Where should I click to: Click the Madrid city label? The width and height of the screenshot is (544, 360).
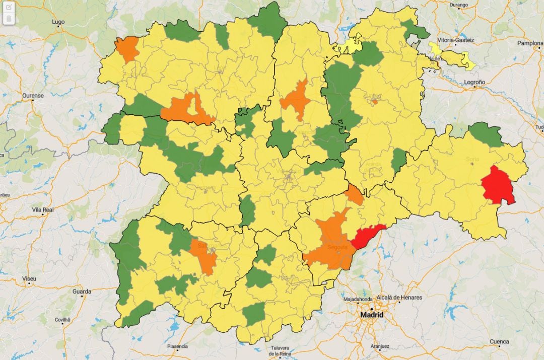tap(371, 315)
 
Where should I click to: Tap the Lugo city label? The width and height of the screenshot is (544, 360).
tap(59, 22)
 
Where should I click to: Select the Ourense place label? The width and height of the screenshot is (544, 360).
tap(33, 95)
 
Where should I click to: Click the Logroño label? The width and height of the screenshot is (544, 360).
tap(474, 82)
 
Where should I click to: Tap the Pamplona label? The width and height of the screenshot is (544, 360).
tap(530, 43)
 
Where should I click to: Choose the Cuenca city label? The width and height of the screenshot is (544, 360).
tap(499, 341)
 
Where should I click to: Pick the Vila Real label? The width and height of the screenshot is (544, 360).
tap(43, 209)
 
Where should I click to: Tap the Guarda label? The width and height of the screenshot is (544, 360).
tap(82, 292)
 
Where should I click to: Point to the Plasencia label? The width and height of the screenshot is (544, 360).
tap(178, 346)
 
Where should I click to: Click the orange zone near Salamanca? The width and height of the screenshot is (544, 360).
tap(205, 256)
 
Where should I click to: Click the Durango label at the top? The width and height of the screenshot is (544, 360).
tap(458, 5)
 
